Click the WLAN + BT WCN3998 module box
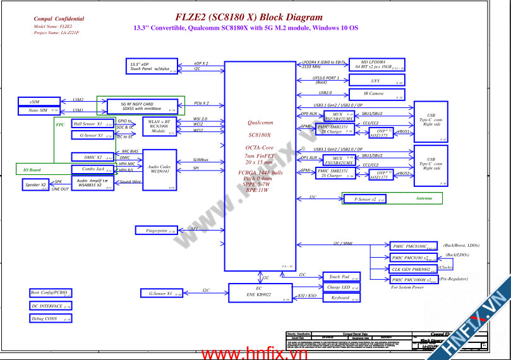(159, 126)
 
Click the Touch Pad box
(341, 277)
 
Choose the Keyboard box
(341, 297)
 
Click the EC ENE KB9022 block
(259, 292)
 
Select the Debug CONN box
(50, 319)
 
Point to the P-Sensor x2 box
(366, 199)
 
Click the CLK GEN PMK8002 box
(412, 269)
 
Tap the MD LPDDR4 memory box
(376, 64)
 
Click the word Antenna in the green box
(424, 198)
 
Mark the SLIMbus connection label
(201, 160)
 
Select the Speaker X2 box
(35, 185)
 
